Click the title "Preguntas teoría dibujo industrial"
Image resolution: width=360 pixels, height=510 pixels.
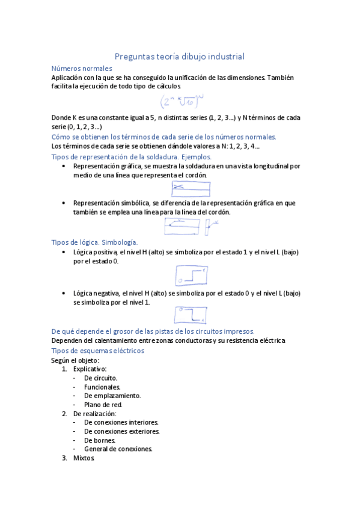179,57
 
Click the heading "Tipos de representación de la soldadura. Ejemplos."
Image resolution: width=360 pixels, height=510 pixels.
132,156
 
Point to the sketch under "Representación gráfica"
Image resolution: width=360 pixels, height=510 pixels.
191,189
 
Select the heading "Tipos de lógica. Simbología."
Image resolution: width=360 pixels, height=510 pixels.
95,242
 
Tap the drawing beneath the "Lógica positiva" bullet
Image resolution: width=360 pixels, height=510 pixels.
191,276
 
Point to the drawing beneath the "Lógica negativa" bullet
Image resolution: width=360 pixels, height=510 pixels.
191,315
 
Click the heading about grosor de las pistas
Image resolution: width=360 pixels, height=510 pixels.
153,331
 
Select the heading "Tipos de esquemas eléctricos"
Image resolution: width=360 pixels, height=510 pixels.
98,351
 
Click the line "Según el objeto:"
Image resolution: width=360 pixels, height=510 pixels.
75,360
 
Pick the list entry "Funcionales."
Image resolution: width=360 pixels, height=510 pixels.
102,387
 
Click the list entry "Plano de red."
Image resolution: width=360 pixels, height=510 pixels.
103,405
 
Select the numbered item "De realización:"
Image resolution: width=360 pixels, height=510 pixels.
94,414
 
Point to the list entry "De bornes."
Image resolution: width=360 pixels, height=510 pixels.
100,440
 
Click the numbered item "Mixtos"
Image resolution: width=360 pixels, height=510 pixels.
84,458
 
